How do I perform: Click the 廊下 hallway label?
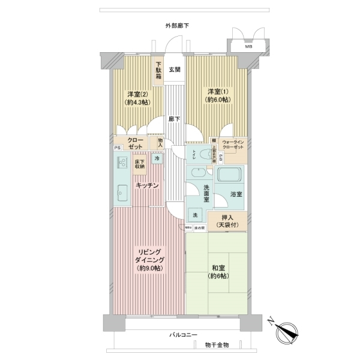pyautogui.click(x=175, y=119)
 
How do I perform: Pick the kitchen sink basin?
pyautogui.click(x=123, y=193)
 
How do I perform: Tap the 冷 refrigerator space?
pyautogui.click(x=157, y=159)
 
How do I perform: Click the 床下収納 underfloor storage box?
pyautogui.click(x=139, y=164)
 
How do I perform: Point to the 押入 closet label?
pyautogui.click(x=227, y=220)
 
